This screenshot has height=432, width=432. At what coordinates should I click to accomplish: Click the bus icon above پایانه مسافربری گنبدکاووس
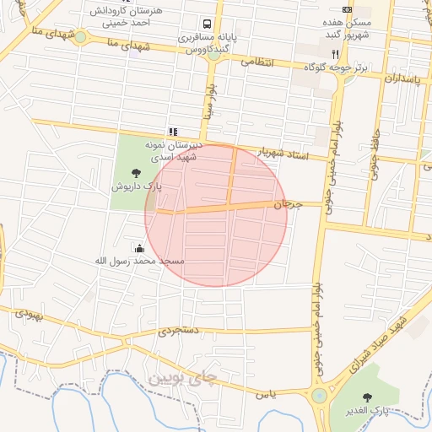click(207, 24)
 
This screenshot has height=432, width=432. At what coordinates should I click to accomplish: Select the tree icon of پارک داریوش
click(137, 174)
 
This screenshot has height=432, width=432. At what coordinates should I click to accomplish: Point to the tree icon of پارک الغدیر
click(365, 397)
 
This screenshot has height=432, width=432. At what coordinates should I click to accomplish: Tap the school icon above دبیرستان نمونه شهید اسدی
click(173, 131)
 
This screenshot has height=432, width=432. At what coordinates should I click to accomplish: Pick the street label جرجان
click(288, 204)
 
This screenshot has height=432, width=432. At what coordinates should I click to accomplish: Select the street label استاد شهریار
click(283, 154)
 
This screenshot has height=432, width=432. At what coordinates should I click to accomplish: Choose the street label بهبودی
click(27, 317)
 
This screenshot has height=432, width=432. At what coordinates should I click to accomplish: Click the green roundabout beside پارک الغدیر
click(319, 397)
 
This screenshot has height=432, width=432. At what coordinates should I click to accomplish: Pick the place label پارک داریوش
click(137, 186)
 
